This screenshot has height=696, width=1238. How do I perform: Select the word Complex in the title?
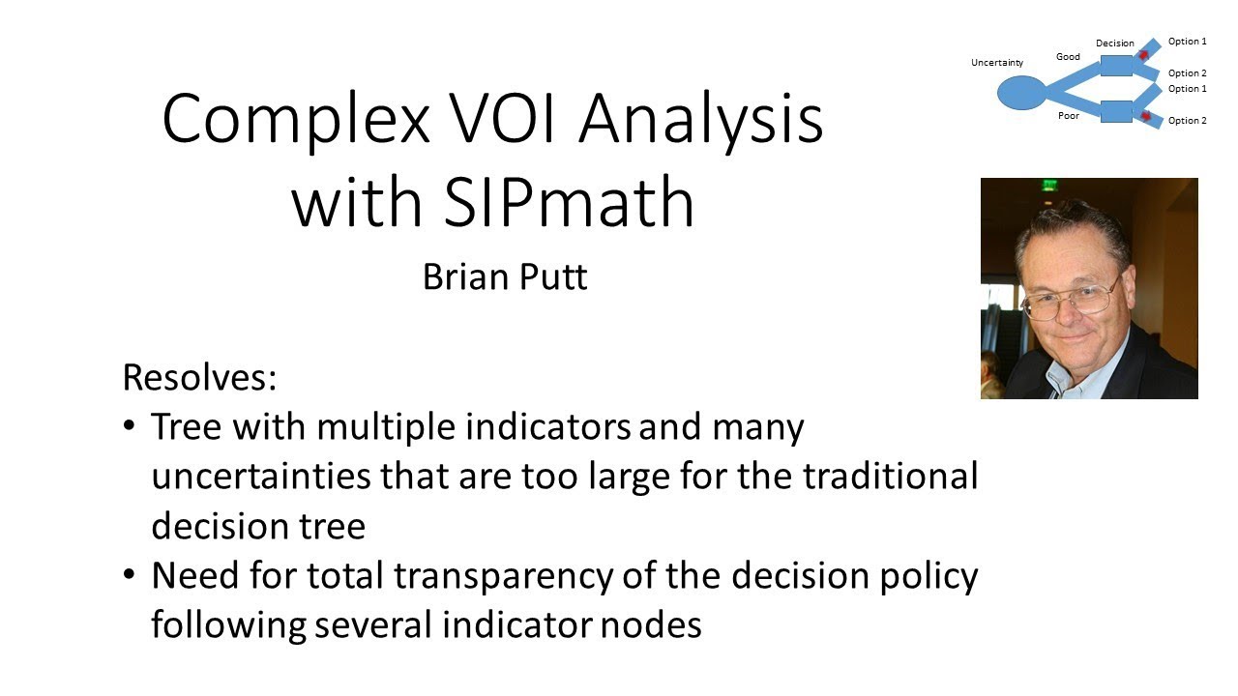[295, 119]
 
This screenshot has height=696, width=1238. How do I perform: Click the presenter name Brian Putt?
[505, 277]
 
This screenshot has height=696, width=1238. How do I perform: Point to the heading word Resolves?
[199, 377]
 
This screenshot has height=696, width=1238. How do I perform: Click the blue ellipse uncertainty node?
[1021, 93]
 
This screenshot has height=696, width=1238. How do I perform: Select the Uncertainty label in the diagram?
[996, 63]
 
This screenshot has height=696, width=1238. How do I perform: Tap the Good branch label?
[1068, 57]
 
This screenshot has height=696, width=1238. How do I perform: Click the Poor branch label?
[1068, 115]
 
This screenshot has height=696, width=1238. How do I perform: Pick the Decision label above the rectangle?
[1114, 43]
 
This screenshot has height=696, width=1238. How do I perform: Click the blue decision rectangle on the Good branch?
[1116, 66]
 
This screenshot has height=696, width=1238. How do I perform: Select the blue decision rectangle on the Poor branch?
[1116, 111]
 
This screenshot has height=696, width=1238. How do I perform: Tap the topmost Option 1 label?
[1187, 42]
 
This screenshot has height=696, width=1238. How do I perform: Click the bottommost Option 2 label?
[1187, 121]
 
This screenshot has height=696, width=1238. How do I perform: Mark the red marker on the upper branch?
[1142, 56]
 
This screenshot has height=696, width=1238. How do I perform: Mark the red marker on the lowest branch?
[1145, 118]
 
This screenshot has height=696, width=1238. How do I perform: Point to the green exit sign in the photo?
[1048, 184]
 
